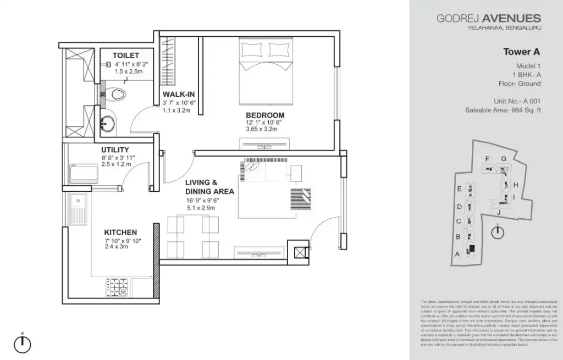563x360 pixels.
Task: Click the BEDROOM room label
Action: click(x=264, y=115)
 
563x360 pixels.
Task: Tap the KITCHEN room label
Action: click(x=120, y=232)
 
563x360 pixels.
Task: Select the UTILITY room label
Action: click(x=115, y=149)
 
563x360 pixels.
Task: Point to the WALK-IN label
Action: click(x=179, y=94)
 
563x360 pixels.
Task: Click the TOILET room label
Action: click(x=126, y=56)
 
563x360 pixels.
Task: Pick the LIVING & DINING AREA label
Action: click(x=209, y=187)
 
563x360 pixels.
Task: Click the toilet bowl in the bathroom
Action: click(x=115, y=95)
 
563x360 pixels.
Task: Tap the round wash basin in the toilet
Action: click(x=109, y=124)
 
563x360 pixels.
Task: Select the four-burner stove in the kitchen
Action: click(x=118, y=286)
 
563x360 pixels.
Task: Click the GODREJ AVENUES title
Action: click(x=489, y=19)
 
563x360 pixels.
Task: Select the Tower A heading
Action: click(x=522, y=52)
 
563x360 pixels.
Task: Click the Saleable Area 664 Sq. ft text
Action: click(x=503, y=110)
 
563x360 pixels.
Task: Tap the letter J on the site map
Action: click(x=498, y=212)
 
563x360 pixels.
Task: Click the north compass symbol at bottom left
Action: click(x=22, y=343)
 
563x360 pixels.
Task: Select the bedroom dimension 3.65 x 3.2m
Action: click(x=261, y=129)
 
